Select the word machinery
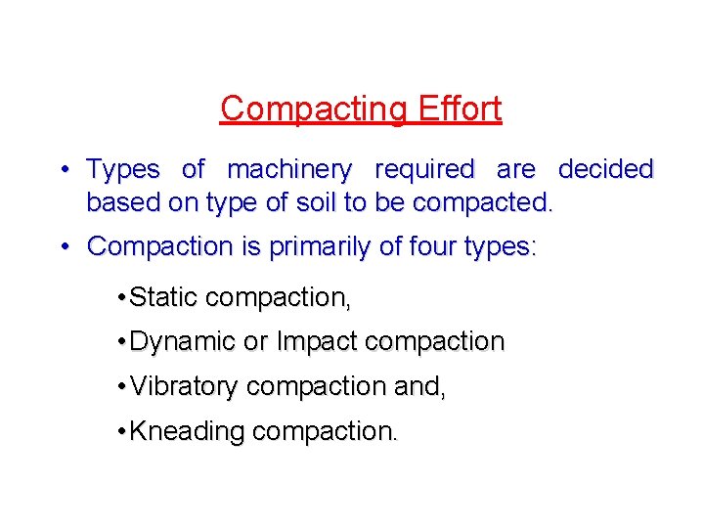coord(288,170)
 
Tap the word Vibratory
coord(184,387)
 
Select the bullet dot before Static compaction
coord(118,296)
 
